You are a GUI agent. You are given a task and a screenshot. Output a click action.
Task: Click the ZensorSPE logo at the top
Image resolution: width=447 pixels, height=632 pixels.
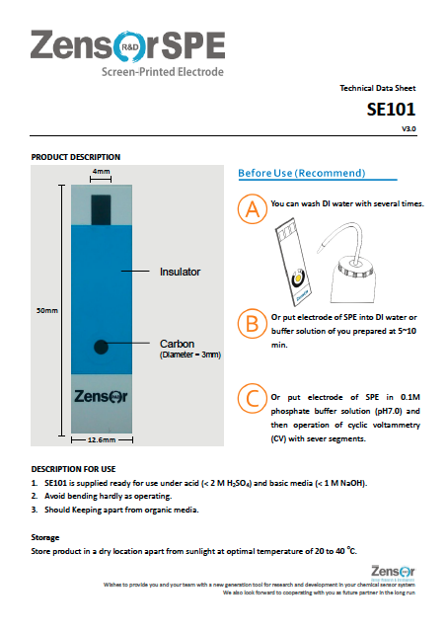tap(127, 49)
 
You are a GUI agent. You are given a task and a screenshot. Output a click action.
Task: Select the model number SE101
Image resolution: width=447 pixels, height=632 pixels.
tap(392, 111)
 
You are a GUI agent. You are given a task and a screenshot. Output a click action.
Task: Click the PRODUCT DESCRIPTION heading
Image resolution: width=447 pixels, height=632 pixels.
tap(76, 157)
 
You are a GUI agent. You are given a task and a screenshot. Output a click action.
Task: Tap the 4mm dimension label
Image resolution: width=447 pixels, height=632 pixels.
tap(101, 172)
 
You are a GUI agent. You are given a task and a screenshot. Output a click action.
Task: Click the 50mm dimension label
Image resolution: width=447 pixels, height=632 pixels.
tap(46, 310)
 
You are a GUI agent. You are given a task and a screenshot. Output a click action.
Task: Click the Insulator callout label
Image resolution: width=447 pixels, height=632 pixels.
tap(180, 270)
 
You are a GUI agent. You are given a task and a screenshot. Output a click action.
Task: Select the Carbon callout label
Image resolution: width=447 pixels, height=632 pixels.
tap(178, 344)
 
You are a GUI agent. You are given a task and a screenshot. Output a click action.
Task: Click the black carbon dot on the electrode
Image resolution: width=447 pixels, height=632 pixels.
tap(101, 346)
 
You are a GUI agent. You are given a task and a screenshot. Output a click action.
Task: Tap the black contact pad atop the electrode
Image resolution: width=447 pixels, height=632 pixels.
tap(102, 208)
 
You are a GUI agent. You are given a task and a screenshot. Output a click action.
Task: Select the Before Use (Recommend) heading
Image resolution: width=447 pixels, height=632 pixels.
tap(301, 174)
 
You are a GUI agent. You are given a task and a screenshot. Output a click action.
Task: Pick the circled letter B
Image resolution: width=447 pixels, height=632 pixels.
tap(253, 323)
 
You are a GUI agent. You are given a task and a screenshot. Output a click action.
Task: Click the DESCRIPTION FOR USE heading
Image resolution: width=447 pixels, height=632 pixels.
tap(74, 467)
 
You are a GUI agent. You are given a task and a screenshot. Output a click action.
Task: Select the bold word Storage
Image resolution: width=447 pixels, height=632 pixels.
tap(46, 537)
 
